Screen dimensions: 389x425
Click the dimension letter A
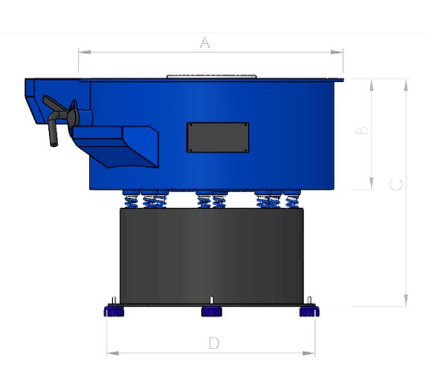click(x=205, y=43)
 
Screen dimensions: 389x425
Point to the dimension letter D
click(x=213, y=343)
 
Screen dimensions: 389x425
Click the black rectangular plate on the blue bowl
click(x=218, y=137)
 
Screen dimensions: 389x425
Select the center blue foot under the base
click(x=211, y=312)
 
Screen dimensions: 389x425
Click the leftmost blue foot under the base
click(x=114, y=312)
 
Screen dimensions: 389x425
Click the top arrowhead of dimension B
click(x=372, y=83)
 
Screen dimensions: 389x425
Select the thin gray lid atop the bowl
click(x=211, y=76)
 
